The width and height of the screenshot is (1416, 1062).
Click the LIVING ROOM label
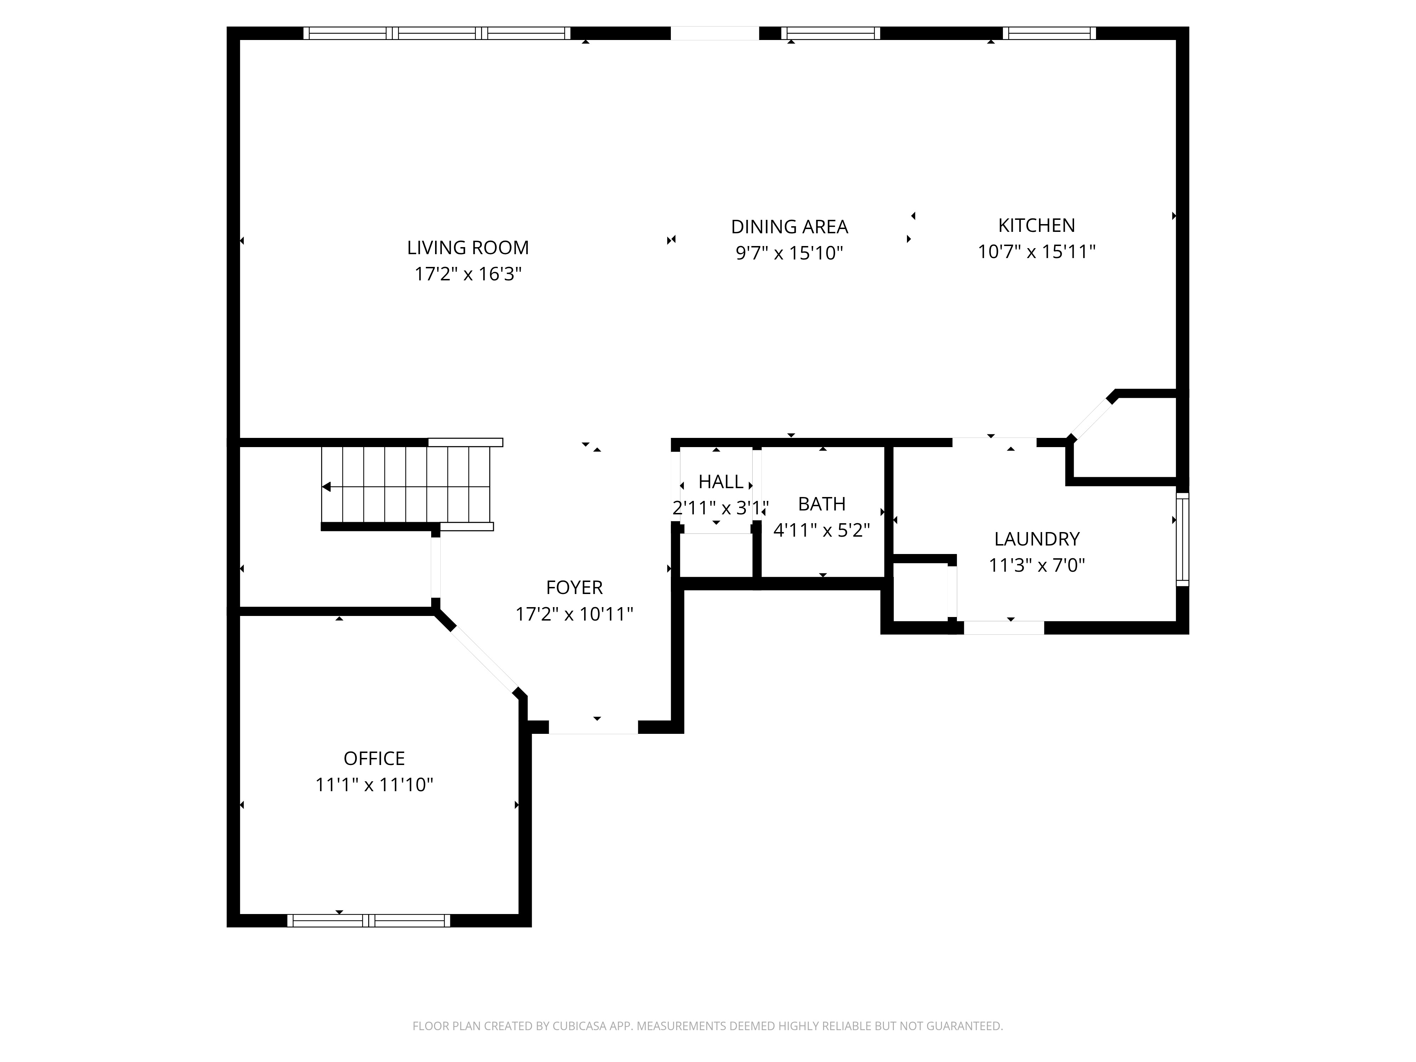[468, 248]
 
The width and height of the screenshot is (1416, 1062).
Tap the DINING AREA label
[789, 227]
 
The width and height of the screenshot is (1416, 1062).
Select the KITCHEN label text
[1037, 225]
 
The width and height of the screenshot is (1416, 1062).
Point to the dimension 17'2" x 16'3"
[468, 274]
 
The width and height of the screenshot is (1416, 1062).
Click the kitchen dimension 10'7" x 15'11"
[1037, 252]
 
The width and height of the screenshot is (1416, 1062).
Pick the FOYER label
[574, 587]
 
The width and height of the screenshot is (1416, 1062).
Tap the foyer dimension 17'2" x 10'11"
[574, 614]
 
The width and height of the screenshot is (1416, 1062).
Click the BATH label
[822, 504]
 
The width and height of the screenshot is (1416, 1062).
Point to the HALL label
[721, 481]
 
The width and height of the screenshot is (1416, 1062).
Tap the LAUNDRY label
[1037, 539]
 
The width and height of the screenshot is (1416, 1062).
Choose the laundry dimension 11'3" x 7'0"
[1037, 565]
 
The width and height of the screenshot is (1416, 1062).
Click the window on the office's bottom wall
[369, 920]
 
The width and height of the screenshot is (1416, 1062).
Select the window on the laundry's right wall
[1182, 539]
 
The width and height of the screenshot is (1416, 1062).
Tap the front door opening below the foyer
[593, 727]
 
